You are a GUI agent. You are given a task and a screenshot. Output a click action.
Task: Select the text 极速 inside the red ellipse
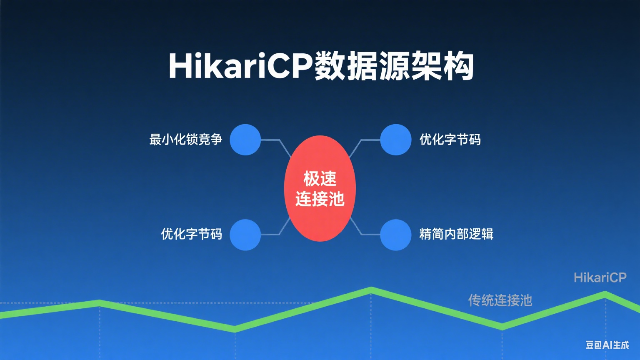click(x=320, y=179)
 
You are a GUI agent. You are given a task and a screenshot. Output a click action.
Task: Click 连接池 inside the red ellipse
click(x=320, y=199)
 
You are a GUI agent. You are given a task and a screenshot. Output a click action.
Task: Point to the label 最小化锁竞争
click(x=186, y=139)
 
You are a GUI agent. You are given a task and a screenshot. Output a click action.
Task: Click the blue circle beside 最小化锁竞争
click(x=245, y=140)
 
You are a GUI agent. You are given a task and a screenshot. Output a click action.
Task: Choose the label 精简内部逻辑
click(x=456, y=234)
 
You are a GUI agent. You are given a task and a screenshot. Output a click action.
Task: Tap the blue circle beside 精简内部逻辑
click(x=395, y=235)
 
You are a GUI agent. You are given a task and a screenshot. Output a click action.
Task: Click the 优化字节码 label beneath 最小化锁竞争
click(x=192, y=234)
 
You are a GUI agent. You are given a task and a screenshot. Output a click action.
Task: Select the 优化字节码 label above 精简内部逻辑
click(x=450, y=139)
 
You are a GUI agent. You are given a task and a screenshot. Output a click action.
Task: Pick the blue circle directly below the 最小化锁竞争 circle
click(x=245, y=235)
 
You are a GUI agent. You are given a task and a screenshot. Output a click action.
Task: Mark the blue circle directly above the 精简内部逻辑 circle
click(x=395, y=140)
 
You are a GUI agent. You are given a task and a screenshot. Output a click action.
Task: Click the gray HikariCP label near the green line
click(x=600, y=277)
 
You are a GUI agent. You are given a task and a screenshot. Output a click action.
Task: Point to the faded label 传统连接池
click(x=500, y=300)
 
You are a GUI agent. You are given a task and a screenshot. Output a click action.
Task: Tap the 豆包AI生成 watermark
click(x=607, y=345)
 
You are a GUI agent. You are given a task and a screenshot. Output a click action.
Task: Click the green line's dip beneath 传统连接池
click(x=502, y=326)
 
